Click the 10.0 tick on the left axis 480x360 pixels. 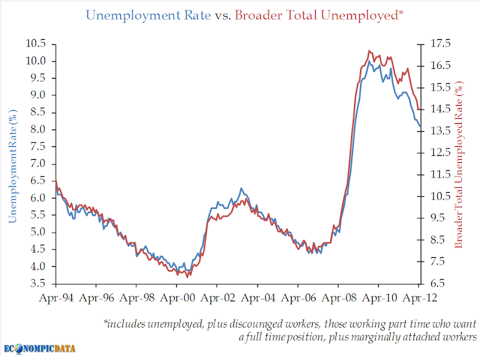pos(53,61)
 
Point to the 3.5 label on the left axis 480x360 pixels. pos(38,283)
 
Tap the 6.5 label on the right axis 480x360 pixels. pos(437,283)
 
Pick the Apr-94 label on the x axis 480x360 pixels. pos(56,298)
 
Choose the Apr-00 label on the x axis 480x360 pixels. pos(177,298)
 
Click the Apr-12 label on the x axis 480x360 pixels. pos(419,298)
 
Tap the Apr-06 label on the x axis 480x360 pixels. pos(298,298)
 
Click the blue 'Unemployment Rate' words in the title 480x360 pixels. pos(148,16)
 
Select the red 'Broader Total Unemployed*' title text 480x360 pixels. pos(319,16)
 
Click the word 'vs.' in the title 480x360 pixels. pos(223,16)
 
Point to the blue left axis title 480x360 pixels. pos(13,166)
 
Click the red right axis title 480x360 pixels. pos(459,164)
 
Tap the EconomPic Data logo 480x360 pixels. pos(40,349)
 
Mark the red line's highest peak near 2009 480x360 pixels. pos(370,50)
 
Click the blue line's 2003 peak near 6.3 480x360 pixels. pos(241,188)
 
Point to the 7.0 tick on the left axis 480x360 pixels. pos(53,164)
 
